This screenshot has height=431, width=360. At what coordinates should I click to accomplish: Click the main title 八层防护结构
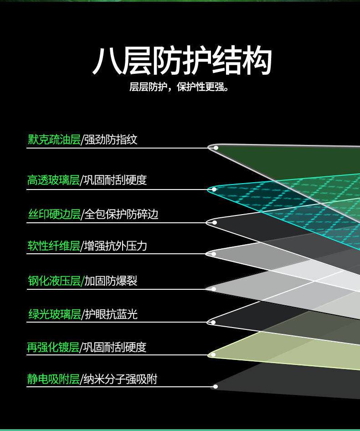coord(182,61)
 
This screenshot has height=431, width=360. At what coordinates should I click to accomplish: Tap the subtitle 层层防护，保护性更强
coord(179,87)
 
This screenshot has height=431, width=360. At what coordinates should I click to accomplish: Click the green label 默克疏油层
coord(54,139)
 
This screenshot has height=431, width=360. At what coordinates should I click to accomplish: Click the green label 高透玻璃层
coord(53,180)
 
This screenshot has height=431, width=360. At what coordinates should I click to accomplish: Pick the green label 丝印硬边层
coord(54,214)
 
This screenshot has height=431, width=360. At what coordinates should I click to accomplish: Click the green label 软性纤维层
coord(54,246)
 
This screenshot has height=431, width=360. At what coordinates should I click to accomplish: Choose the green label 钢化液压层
coord(54,281)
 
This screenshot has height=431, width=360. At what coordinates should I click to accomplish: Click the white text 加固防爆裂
coord(111,281)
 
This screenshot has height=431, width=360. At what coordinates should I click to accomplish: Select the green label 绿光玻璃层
coord(55,314)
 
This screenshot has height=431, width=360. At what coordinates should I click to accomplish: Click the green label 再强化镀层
coord(53,347)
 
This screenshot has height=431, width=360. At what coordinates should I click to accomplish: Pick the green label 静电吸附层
coord(53,379)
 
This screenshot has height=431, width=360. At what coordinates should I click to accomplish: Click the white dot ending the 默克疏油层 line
coord(216,148)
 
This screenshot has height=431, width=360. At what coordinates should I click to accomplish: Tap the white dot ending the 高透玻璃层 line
coord(214,190)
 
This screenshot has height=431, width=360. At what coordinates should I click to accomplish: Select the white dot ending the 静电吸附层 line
coord(216,386)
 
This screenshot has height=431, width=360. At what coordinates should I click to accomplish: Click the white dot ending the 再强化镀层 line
coord(213,355)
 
